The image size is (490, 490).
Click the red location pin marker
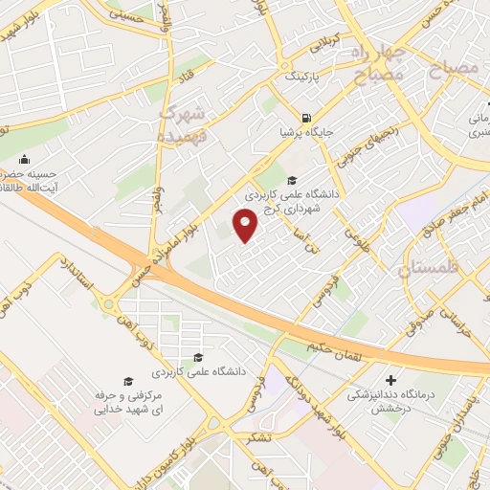pyautogui.click(x=246, y=227)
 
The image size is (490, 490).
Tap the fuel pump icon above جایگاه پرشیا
pyautogui.click(x=304, y=108)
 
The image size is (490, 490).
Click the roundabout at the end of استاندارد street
pyautogui.click(x=109, y=305)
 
